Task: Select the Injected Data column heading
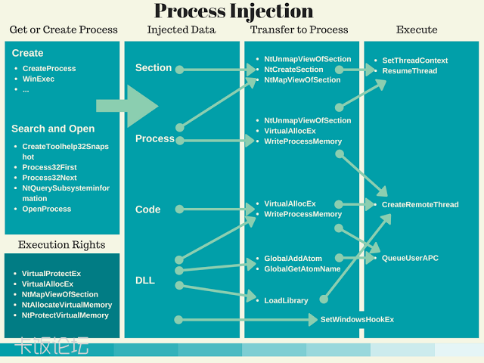pos(181,29)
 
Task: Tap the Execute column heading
pos(417,29)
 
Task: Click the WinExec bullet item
pos(39,79)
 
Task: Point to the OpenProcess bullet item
pos(47,209)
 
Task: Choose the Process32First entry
pos(50,167)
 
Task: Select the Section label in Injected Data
pos(154,68)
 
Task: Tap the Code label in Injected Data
pos(147,209)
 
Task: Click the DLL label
pos(144,280)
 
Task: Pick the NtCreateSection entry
pos(293,70)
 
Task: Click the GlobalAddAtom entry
pos(293,259)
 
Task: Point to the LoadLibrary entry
pos(286,300)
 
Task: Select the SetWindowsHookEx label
pos(357,320)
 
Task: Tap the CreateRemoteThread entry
pos(420,204)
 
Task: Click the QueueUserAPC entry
pos(410,258)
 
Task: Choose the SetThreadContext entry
pos(414,60)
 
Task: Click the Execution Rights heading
pos(62,244)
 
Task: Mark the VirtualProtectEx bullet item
pos(51,273)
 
